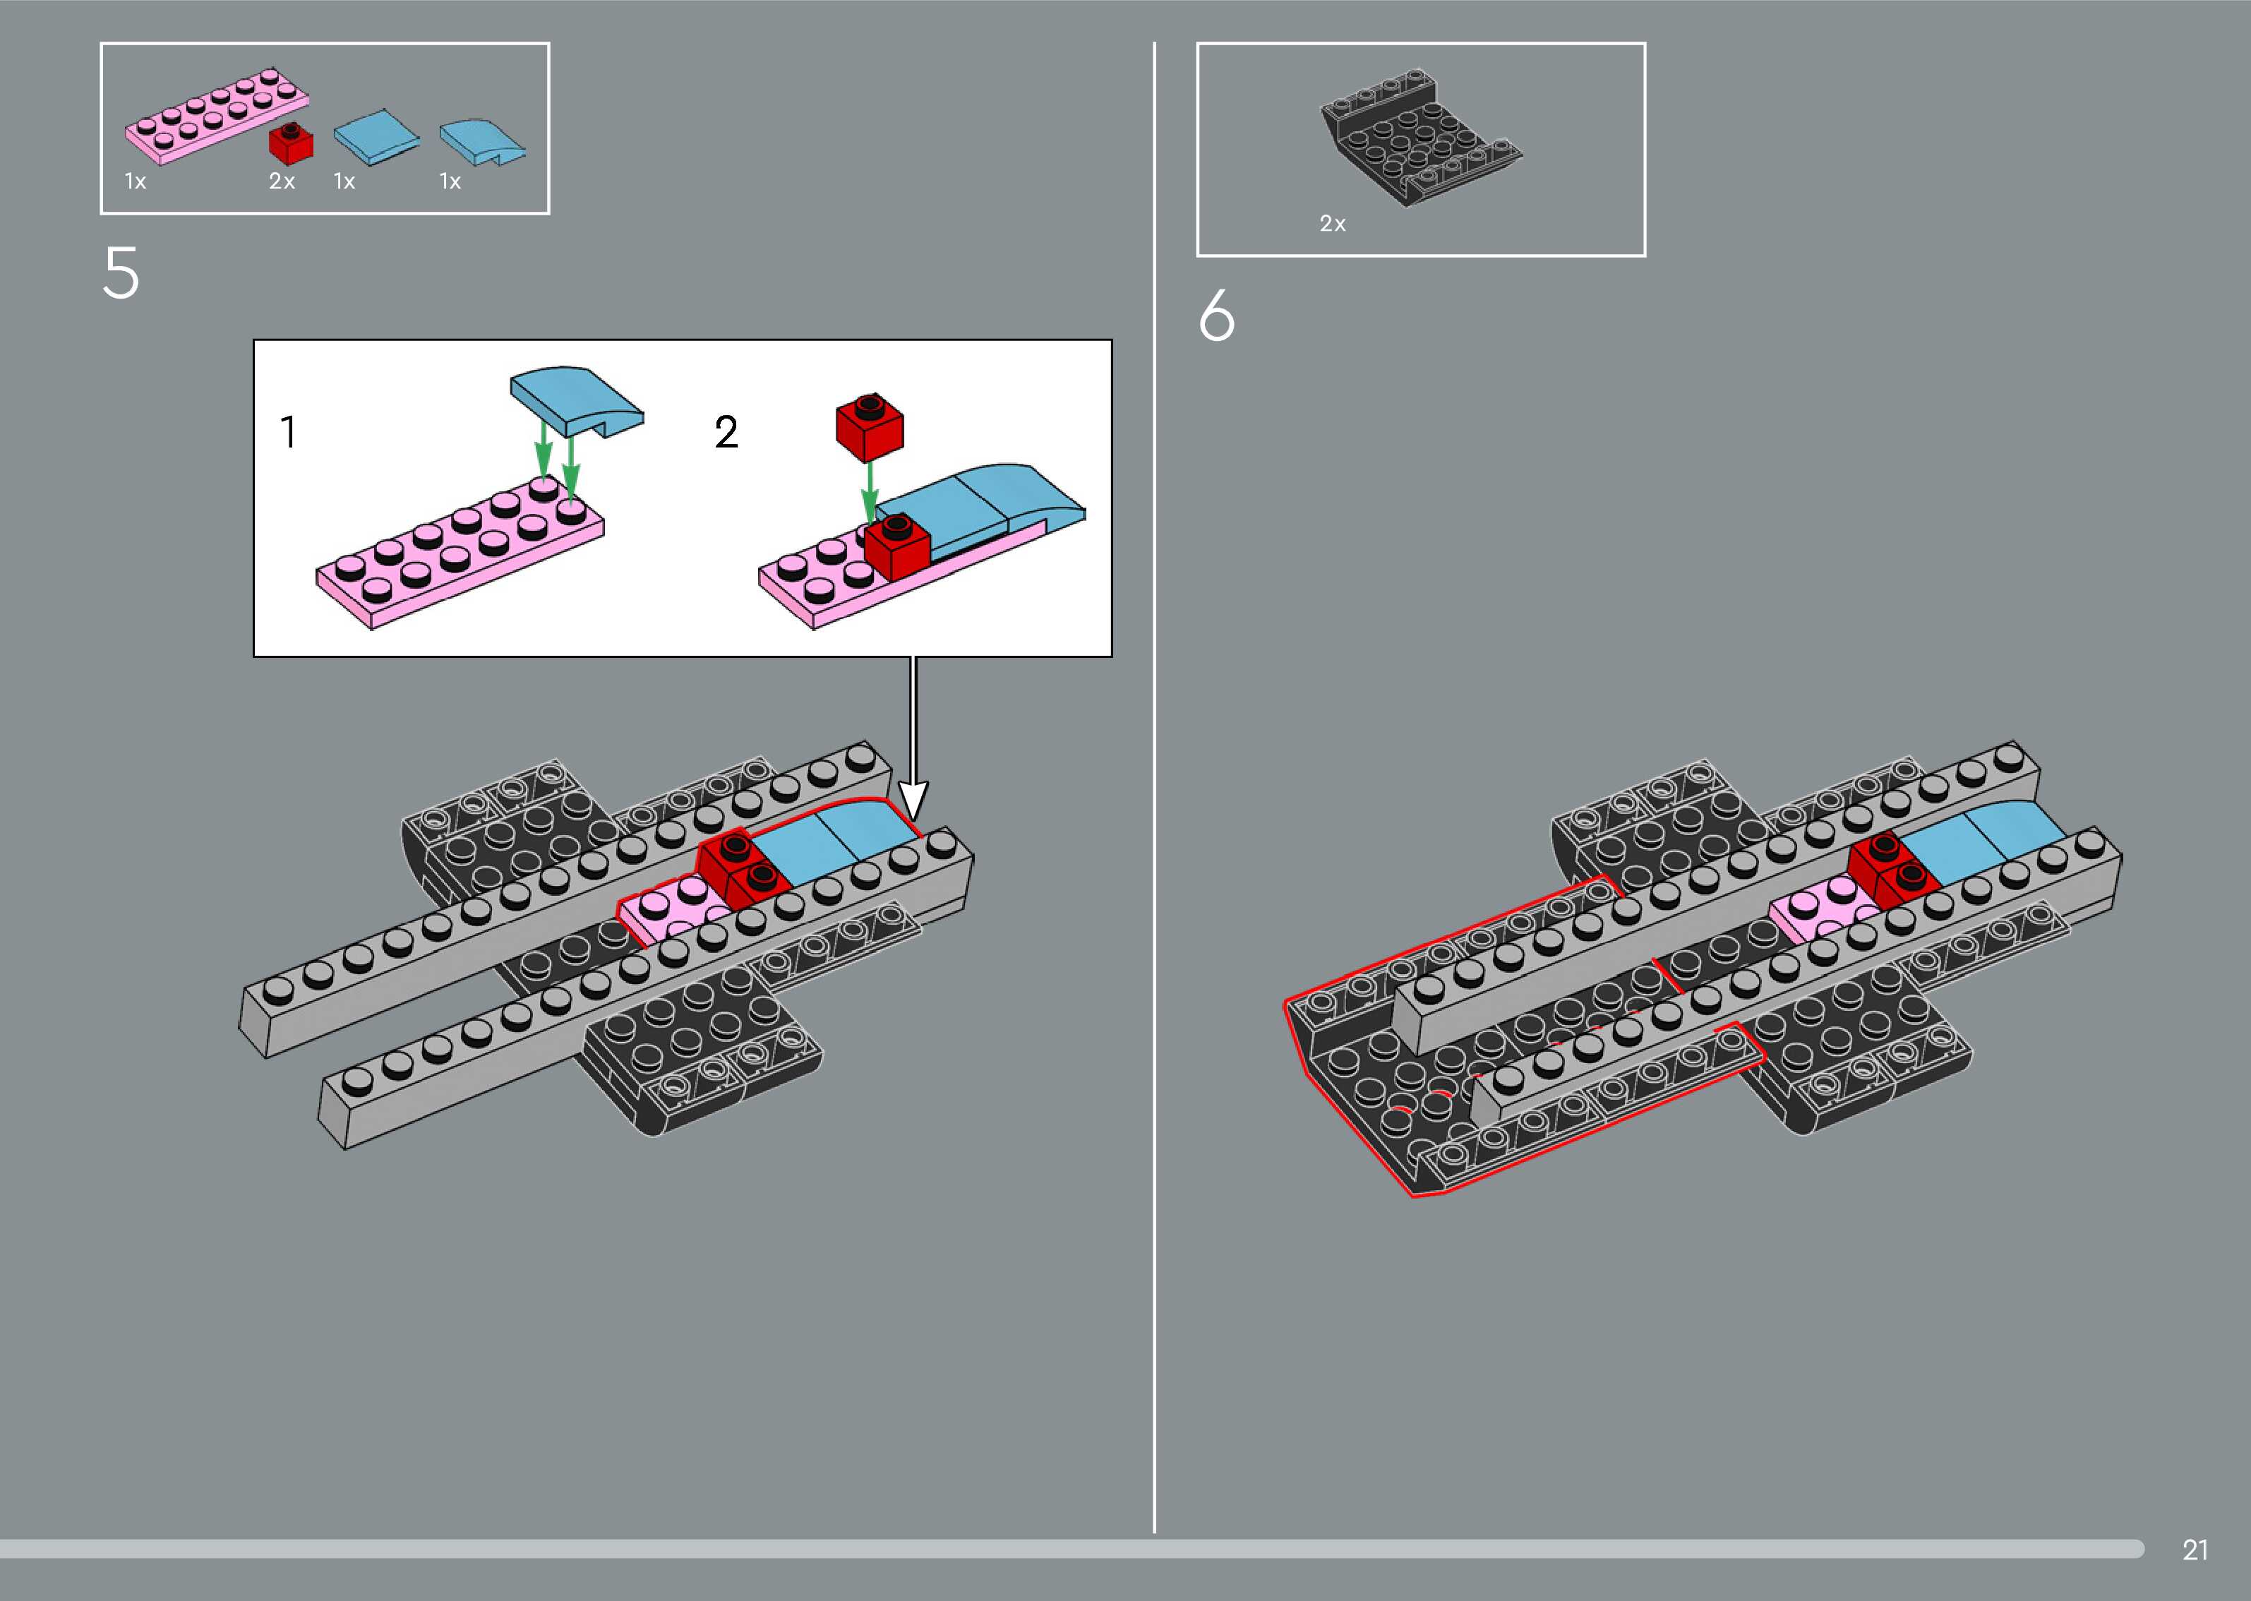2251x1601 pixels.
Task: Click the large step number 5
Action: pos(121,273)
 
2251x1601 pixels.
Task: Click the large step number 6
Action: pos(1216,316)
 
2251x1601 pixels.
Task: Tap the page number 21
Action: pos(2195,1549)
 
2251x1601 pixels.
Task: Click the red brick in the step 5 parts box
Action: pos(292,144)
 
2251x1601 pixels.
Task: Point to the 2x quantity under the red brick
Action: pos(282,181)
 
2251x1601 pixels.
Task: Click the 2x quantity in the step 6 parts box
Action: pos(1333,224)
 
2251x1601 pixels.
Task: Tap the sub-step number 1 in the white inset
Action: pos(288,433)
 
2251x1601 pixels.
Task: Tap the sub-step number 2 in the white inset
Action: pos(726,433)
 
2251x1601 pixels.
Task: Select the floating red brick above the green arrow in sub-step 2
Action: pos(869,428)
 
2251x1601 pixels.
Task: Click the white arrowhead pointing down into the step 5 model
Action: pos(913,800)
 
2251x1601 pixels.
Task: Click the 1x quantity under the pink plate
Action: pos(135,181)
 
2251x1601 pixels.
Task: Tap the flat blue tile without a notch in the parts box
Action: pos(376,137)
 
